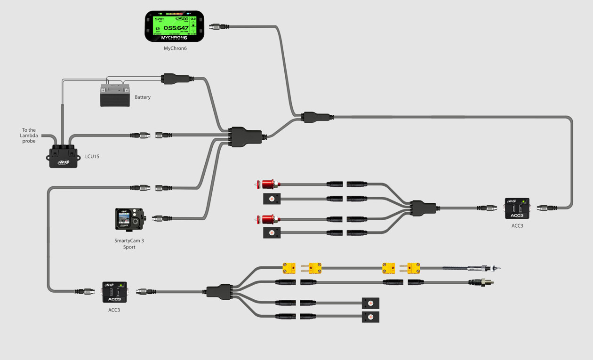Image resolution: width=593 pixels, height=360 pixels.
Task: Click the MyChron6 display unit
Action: coord(174,26)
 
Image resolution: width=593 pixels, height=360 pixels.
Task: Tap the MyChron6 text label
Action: coord(175,48)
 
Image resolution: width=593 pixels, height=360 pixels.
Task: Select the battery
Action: coord(115,96)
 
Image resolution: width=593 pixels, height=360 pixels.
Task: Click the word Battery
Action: coord(143,97)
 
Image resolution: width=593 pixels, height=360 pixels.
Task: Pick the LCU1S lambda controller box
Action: coord(63,157)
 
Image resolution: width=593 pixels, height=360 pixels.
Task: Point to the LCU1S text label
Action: coord(92,157)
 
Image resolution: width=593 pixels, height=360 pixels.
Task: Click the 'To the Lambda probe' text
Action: coord(29,136)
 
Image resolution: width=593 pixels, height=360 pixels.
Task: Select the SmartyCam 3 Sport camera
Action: coord(129,219)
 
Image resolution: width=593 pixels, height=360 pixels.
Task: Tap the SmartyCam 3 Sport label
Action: coord(129,244)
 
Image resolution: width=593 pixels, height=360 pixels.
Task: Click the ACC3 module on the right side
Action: coord(517,208)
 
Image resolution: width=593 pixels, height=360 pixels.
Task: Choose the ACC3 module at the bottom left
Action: coord(114,292)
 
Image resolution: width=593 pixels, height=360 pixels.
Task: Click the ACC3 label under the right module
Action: coord(517,226)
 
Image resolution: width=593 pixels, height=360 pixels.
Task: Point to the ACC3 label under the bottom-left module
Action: coord(114,310)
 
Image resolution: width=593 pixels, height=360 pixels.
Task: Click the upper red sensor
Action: coord(268,184)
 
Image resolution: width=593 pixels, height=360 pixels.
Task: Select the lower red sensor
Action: coord(268,219)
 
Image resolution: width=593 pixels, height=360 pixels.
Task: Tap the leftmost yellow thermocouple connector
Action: coord(289,268)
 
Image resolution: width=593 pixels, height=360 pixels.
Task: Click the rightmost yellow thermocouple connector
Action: coord(413,268)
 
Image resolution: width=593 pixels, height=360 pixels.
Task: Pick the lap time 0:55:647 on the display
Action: coord(176,28)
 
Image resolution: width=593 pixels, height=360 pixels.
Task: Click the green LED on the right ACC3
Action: coord(523,201)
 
